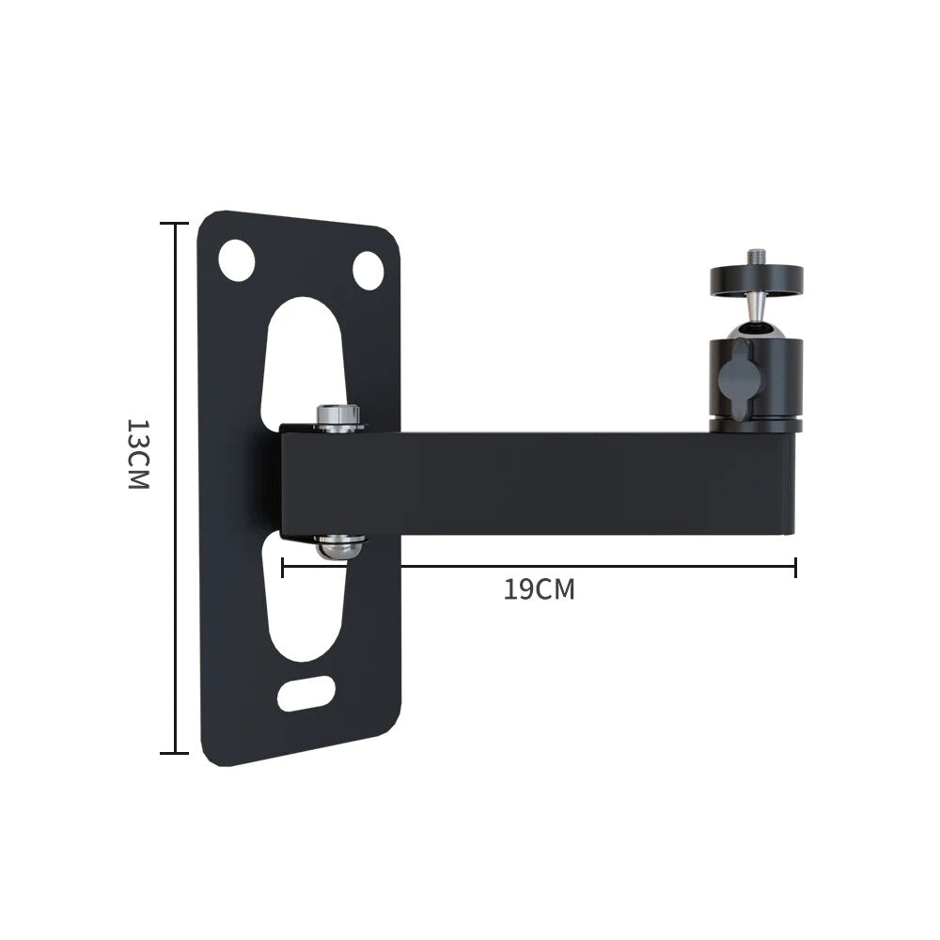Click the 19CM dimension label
(x=539, y=589)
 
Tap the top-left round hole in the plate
(x=236, y=259)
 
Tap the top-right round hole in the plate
(x=368, y=271)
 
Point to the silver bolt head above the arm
(x=338, y=416)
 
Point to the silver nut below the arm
(x=339, y=545)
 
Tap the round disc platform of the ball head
(x=756, y=278)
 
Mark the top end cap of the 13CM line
(x=174, y=224)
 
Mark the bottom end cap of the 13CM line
(x=174, y=752)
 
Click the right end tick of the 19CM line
(x=795, y=567)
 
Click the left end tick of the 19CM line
(x=283, y=567)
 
